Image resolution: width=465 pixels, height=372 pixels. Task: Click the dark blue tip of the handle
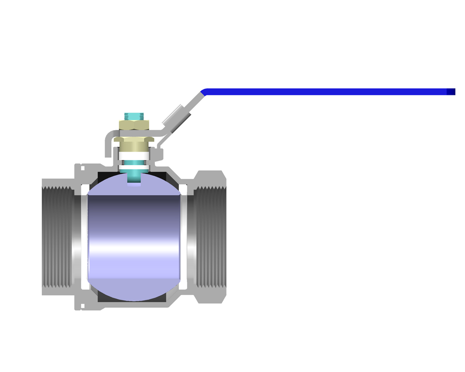pos(451,92)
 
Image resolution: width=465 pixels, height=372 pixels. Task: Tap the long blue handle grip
pos(325,92)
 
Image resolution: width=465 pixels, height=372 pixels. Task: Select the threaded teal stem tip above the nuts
pos(134,115)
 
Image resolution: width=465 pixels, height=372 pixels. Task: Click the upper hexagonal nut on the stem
pos(134,124)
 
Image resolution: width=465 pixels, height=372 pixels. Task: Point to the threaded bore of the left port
pos(58,237)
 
